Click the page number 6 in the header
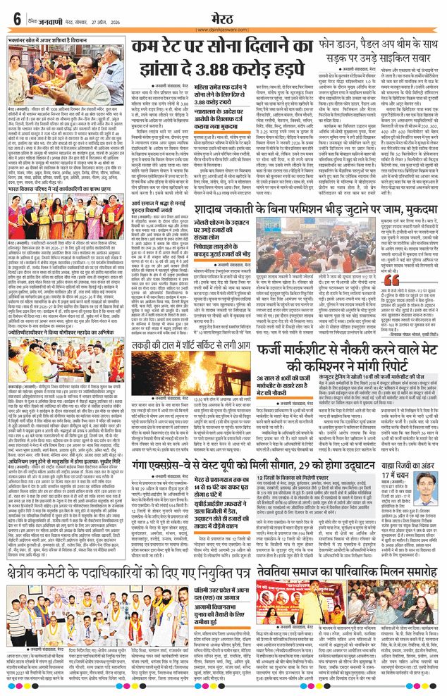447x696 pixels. [x=16, y=19]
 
